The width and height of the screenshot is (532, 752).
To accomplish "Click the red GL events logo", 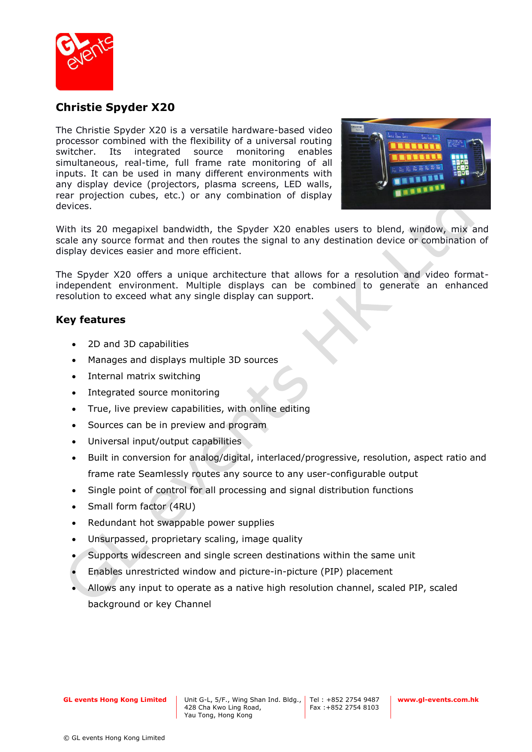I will [x=84, y=62].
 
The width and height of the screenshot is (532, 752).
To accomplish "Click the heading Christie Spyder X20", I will [x=115, y=107].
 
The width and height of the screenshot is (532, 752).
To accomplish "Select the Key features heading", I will [x=90, y=320].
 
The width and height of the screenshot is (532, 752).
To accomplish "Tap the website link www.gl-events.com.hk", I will [x=438, y=700].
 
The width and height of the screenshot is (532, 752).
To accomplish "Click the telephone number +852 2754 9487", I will [x=353, y=700].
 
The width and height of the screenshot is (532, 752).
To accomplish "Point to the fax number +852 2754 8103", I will [x=352, y=707].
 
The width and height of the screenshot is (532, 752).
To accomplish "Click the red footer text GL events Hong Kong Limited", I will [x=115, y=700].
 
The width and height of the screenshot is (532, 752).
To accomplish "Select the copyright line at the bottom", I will [x=114, y=738].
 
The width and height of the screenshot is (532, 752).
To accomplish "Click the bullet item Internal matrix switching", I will [x=144, y=376].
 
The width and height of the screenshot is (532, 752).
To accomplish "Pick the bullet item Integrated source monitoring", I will [x=153, y=392].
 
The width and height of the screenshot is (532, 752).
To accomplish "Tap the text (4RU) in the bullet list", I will [x=182, y=506].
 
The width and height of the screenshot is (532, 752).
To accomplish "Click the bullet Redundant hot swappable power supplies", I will [x=181, y=523].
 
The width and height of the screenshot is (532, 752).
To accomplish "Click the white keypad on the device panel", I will [x=459, y=165].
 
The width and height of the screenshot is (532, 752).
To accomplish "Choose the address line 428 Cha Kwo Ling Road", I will [x=222, y=707].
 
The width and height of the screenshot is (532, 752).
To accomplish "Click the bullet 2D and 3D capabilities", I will [x=138, y=344].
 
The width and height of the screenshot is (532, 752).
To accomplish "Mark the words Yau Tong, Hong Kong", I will [x=218, y=715].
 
